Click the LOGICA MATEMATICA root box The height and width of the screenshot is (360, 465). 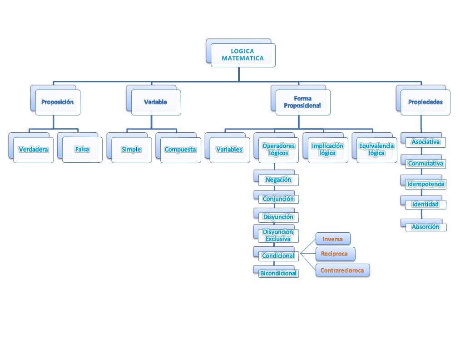click(x=242, y=55)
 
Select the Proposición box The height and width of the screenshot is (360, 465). click(x=57, y=102)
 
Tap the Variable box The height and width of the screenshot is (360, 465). click(x=156, y=102)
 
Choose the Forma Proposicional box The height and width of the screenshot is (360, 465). click(x=302, y=102)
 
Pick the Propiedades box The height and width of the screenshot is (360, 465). click(x=425, y=102)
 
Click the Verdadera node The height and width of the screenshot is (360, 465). click(x=33, y=150)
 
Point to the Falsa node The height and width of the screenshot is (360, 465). click(x=82, y=150)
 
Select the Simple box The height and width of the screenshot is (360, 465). click(x=131, y=150)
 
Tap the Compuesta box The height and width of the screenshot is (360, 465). click(x=180, y=150)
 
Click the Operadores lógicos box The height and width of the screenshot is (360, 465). click(x=278, y=150)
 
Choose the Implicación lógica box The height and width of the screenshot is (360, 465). click(x=327, y=150)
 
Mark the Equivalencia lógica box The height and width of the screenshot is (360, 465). click(x=376, y=150)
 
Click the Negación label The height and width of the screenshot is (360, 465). click(x=278, y=180)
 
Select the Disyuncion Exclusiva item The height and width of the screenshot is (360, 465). click(x=278, y=235)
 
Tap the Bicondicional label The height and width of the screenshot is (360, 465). click(x=278, y=273)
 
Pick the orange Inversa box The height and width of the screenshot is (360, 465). click(x=333, y=239)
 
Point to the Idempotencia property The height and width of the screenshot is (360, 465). click(x=425, y=184)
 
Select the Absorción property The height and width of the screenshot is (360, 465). click(x=425, y=227)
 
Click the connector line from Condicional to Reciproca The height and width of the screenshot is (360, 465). click(x=307, y=254)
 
